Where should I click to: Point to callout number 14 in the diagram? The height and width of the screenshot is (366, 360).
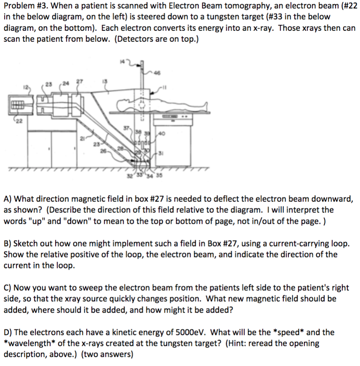tap(122, 62)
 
